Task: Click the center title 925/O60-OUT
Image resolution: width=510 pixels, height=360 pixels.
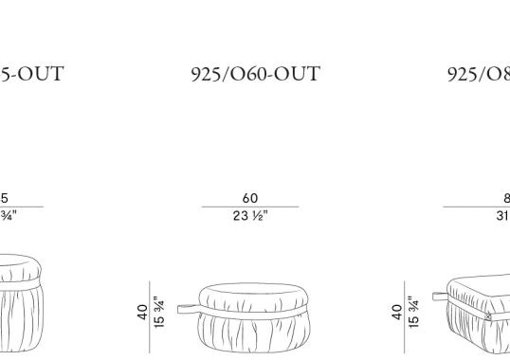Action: coord(255,73)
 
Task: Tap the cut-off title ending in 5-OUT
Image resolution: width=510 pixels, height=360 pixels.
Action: coord(32,73)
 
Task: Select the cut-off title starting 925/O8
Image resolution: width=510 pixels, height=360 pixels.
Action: coord(478,73)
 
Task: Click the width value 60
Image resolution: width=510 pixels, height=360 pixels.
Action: coord(250,198)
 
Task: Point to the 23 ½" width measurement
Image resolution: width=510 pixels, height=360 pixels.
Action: coord(250,215)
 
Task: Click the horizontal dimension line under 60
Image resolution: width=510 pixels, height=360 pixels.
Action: coord(250,207)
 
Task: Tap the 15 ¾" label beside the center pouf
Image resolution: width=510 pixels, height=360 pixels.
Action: coord(159,313)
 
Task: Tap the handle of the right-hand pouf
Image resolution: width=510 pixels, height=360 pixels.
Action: coord(438,296)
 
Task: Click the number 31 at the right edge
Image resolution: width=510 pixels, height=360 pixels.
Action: coord(501,215)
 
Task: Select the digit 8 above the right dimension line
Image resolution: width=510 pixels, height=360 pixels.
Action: coord(505,198)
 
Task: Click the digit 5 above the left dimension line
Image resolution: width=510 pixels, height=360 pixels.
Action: coord(4,198)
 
